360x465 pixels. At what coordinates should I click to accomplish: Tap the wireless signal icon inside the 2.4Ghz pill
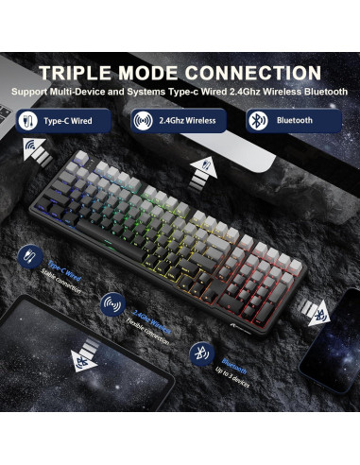(x=144, y=120)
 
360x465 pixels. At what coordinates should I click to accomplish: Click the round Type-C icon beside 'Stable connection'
(x=29, y=259)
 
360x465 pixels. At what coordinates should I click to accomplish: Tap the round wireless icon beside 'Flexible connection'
(x=111, y=304)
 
